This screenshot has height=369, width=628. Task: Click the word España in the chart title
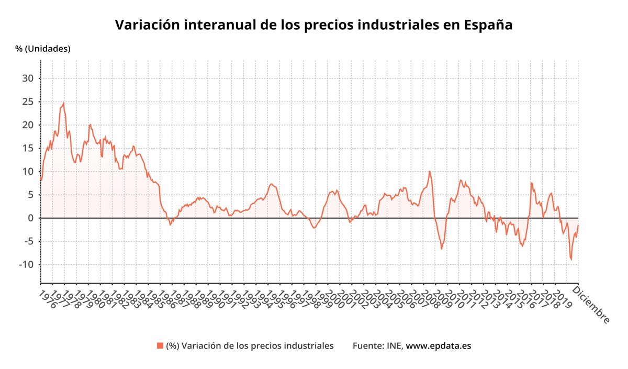pyautogui.click(x=488, y=25)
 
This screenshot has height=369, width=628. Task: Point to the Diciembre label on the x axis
pyautogui.click(x=592, y=305)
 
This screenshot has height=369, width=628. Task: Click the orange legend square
pyautogui.click(x=160, y=345)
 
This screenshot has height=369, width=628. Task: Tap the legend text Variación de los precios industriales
pyautogui.click(x=256, y=345)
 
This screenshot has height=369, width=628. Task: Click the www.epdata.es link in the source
pyautogui.click(x=439, y=345)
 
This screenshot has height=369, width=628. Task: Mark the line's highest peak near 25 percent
pyautogui.click(x=63, y=103)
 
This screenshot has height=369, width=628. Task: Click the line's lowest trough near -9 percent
pyautogui.click(x=571, y=260)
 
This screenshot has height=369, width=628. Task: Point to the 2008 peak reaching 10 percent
pyautogui.click(x=430, y=171)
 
